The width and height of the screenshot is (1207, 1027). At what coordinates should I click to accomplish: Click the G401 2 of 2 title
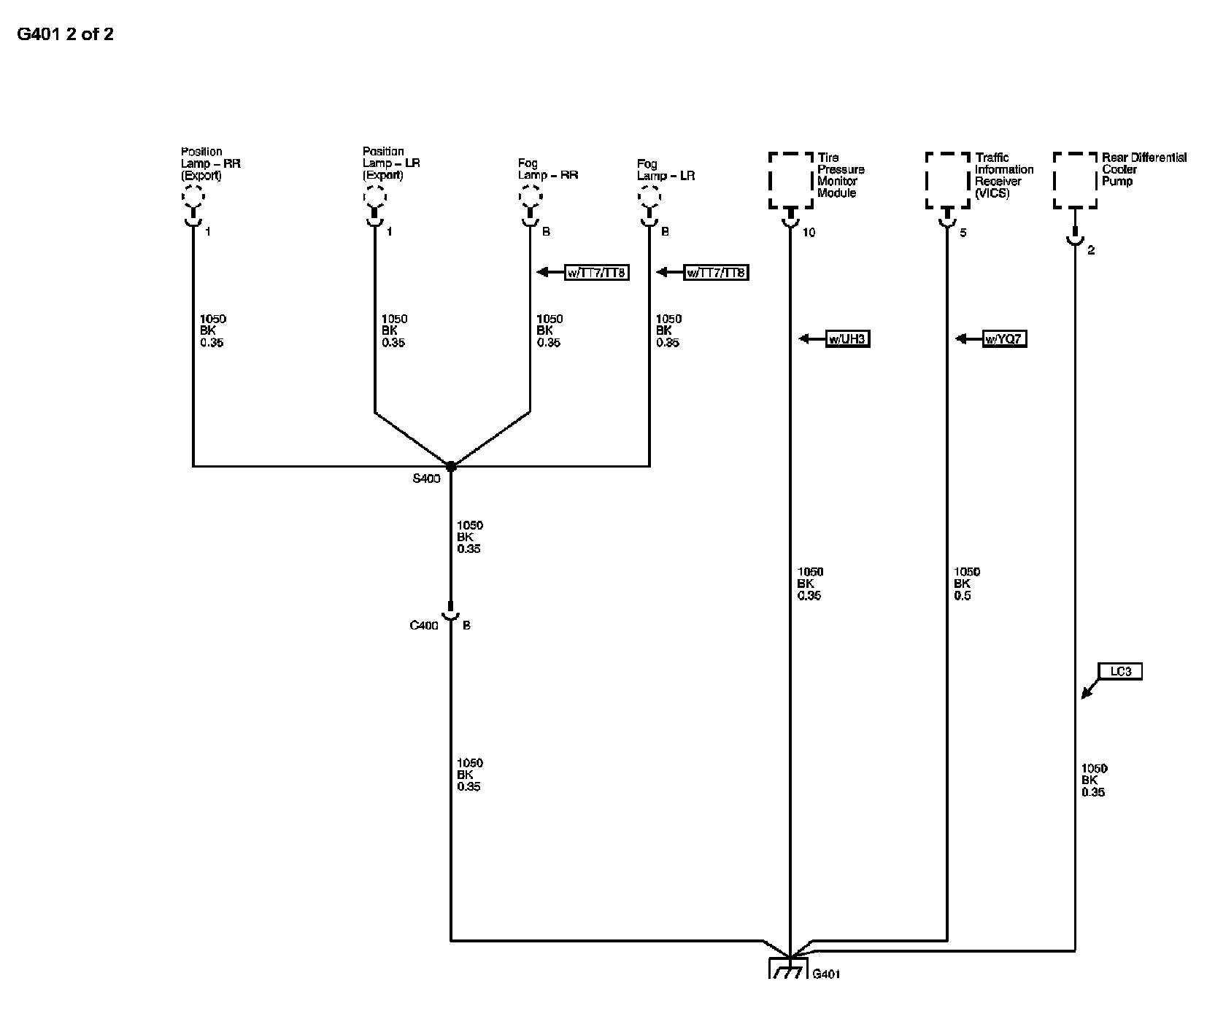click(65, 34)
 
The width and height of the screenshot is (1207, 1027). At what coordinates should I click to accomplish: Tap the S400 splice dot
click(451, 466)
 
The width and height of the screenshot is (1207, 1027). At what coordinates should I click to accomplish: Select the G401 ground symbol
click(789, 969)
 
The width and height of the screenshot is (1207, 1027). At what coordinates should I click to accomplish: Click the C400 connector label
click(424, 626)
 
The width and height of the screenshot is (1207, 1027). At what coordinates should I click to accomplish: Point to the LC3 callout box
click(1120, 671)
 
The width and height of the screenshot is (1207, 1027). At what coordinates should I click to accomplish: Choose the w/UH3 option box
click(848, 339)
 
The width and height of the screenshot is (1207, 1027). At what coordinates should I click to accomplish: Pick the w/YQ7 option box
click(1004, 339)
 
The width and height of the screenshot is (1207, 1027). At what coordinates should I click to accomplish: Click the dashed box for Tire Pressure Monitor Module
click(790, 181)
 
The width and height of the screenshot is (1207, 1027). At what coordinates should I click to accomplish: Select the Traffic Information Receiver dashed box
click(948, 181)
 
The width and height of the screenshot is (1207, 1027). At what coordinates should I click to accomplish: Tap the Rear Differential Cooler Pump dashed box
click(1075, 181)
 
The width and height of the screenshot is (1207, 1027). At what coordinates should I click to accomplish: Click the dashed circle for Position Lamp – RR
click(193, 196)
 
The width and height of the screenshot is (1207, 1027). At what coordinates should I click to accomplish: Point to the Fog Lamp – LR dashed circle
click(649, 196)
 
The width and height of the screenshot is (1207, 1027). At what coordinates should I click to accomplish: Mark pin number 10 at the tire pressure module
click(809, 233)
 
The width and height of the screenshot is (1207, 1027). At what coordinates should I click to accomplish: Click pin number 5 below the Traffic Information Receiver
click(963, 233)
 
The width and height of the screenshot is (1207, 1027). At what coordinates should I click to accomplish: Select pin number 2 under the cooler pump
click(1091, 251)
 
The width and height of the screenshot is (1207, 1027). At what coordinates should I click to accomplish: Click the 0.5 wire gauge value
click(963, 596)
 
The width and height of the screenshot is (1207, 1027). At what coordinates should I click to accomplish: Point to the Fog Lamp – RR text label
click(547, 170)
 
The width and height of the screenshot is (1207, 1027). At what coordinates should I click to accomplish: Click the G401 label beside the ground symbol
click(826, 974)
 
